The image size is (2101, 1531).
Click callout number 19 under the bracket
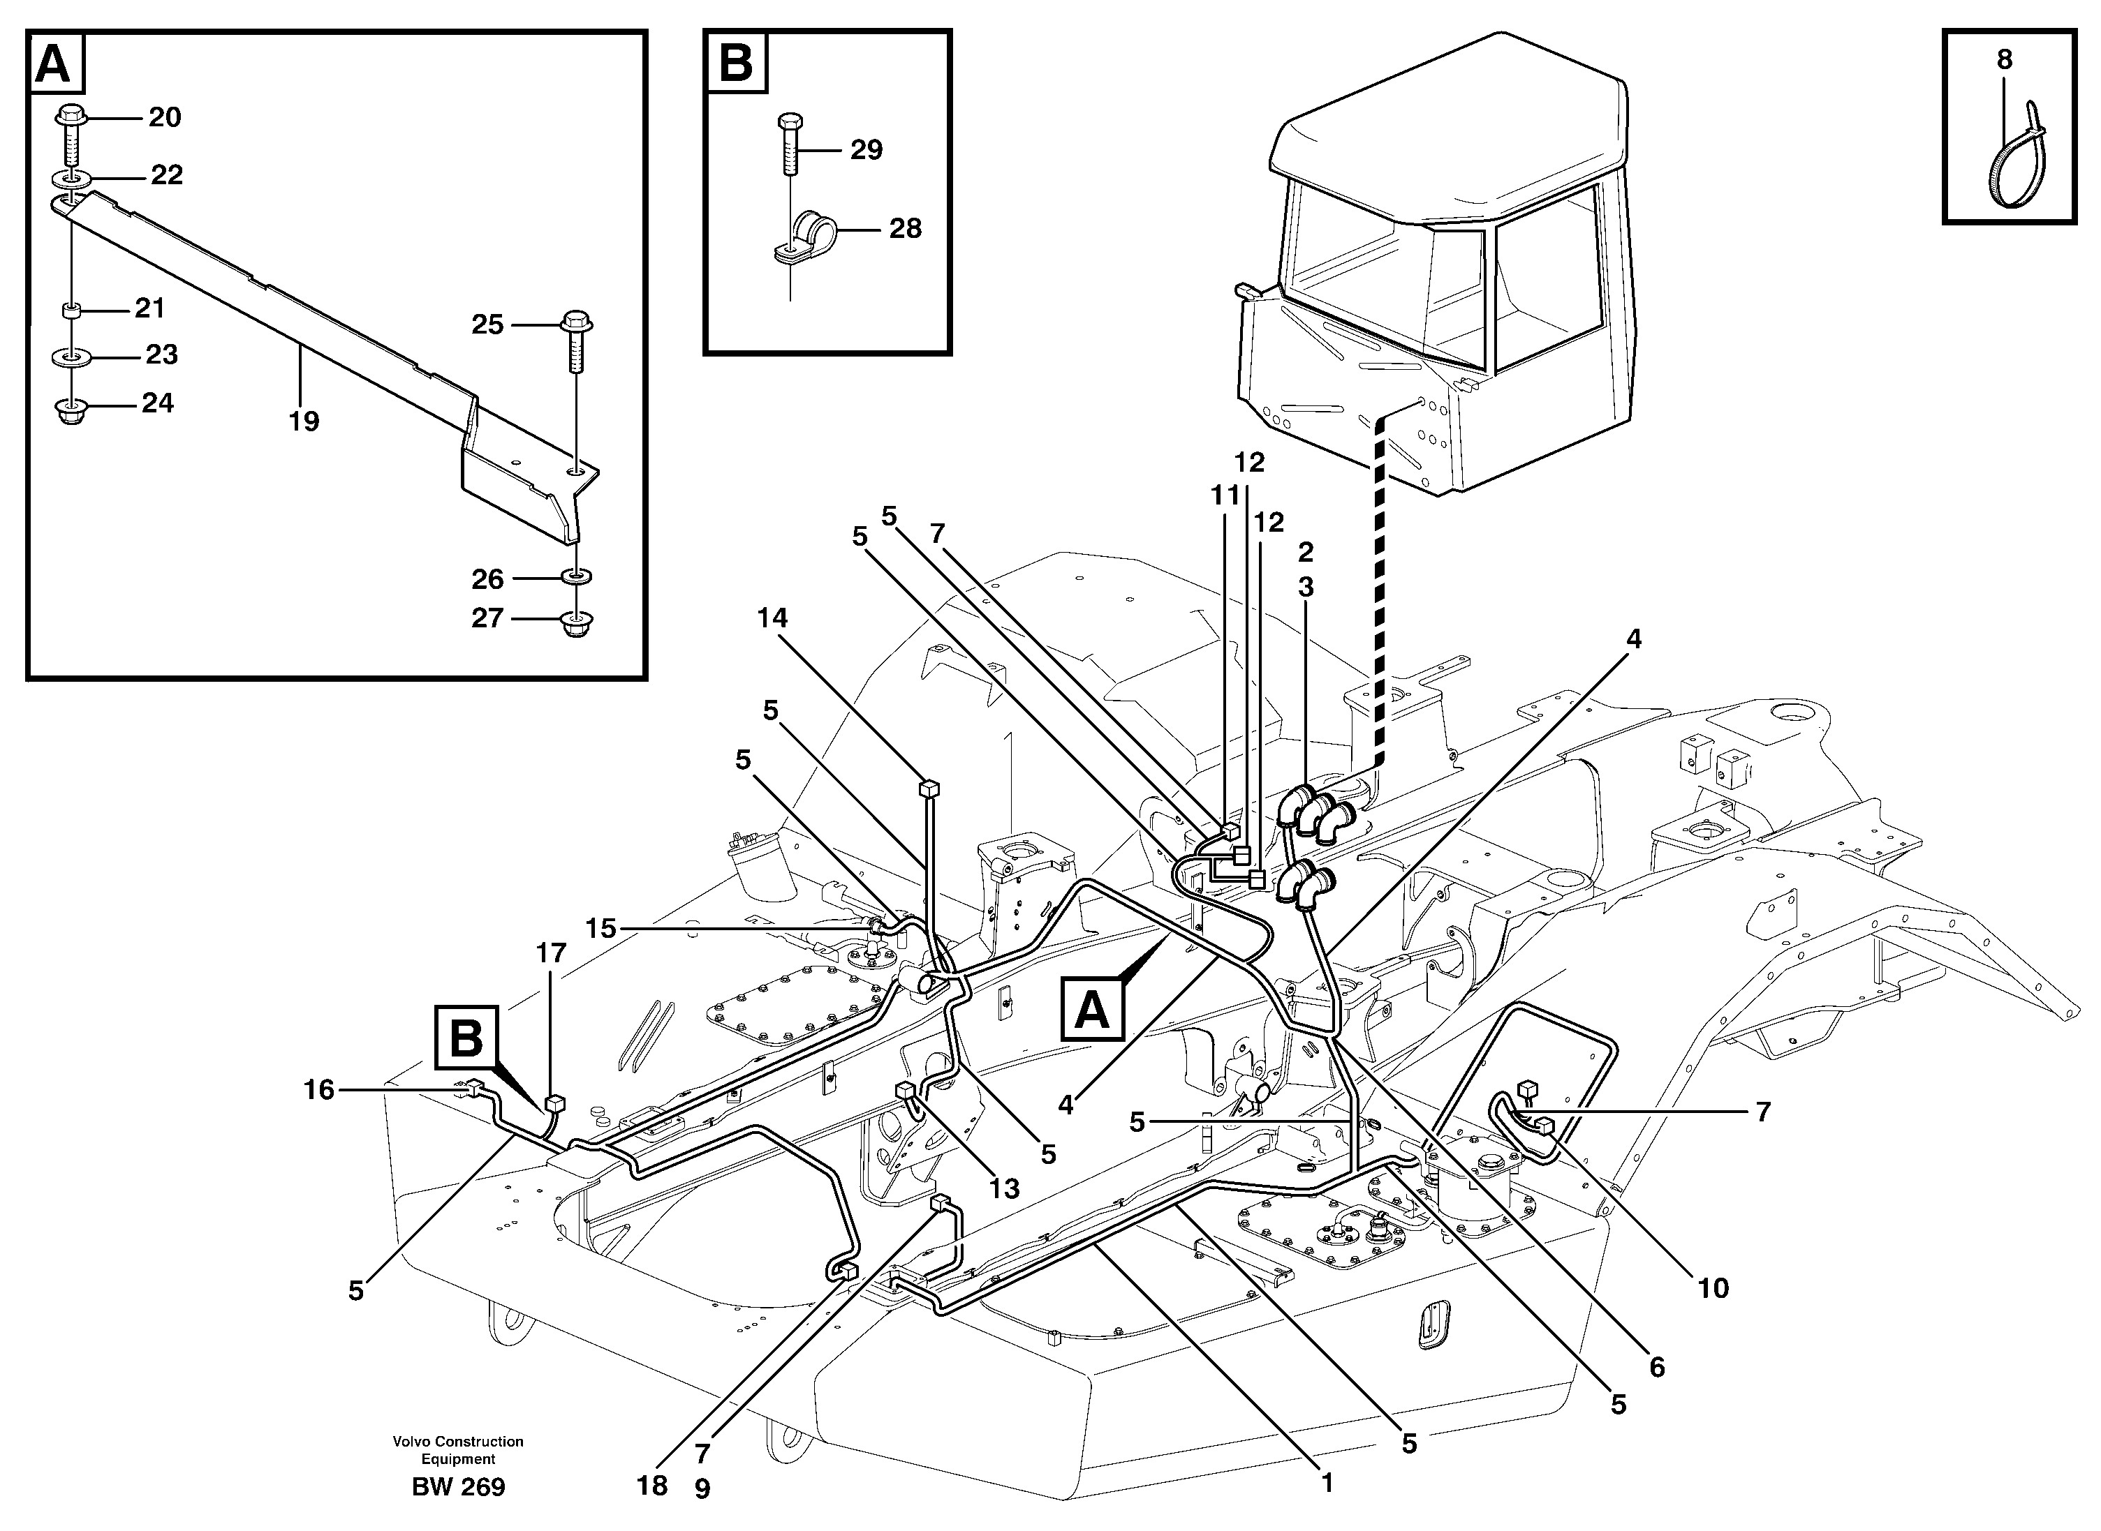coord(303,421)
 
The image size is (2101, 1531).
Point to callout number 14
coord(772,618)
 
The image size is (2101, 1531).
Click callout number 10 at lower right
coord(1713,1288)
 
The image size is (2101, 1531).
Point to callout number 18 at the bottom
coord(653,1486)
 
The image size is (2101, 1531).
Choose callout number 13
coord(1004,1188)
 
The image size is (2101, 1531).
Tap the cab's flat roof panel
coord(1447,130)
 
